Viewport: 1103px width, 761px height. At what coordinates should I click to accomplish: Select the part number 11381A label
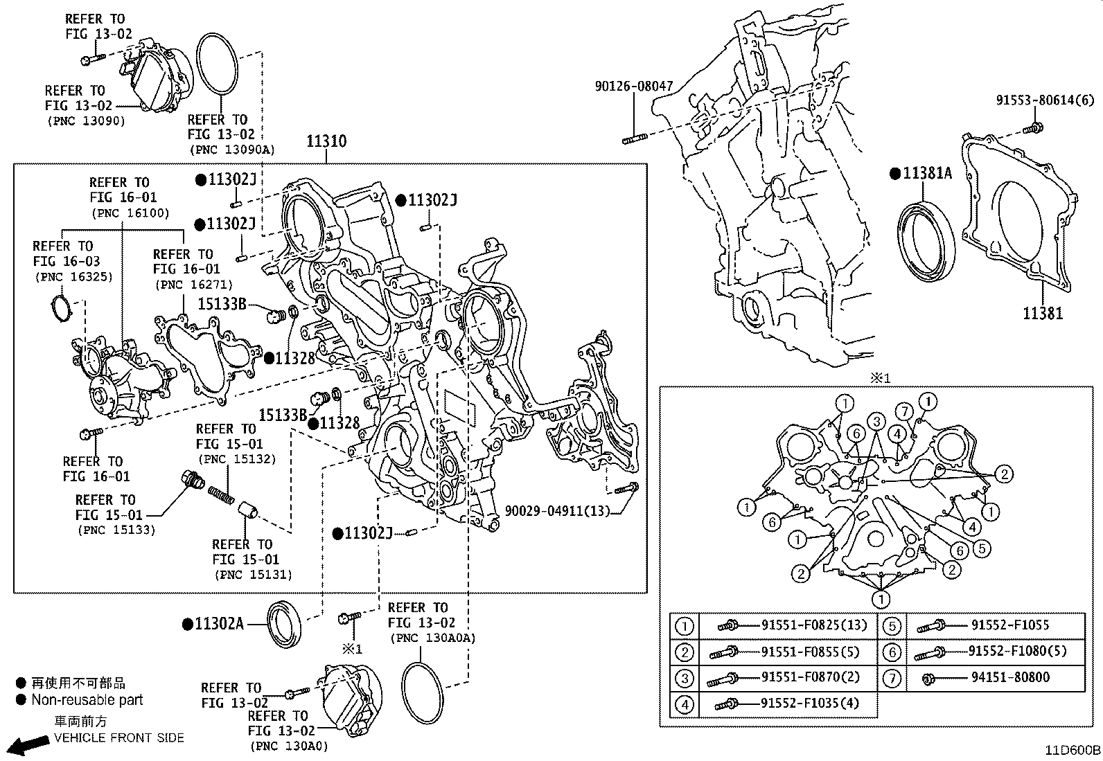coord(927,173)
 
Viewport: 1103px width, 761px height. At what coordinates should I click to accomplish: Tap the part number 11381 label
coord(1042,313)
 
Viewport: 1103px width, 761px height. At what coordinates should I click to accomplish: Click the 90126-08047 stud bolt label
coord(633,87)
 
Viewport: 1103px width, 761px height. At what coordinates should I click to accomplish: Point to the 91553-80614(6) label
coord(1045,100)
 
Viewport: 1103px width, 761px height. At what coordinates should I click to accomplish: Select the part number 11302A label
coord(218,624)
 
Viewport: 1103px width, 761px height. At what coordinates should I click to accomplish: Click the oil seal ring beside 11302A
coord(285,625)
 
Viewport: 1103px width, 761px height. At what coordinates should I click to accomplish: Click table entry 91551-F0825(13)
coord(813,625)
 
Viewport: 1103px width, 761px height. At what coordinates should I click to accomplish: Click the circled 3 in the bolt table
coord(684,678)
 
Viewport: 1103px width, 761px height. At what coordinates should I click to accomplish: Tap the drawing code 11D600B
coord(1073,750)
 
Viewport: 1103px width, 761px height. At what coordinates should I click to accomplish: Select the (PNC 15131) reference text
coord(253,574)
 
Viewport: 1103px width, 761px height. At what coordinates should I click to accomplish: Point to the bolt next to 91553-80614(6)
coord(1034,127)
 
